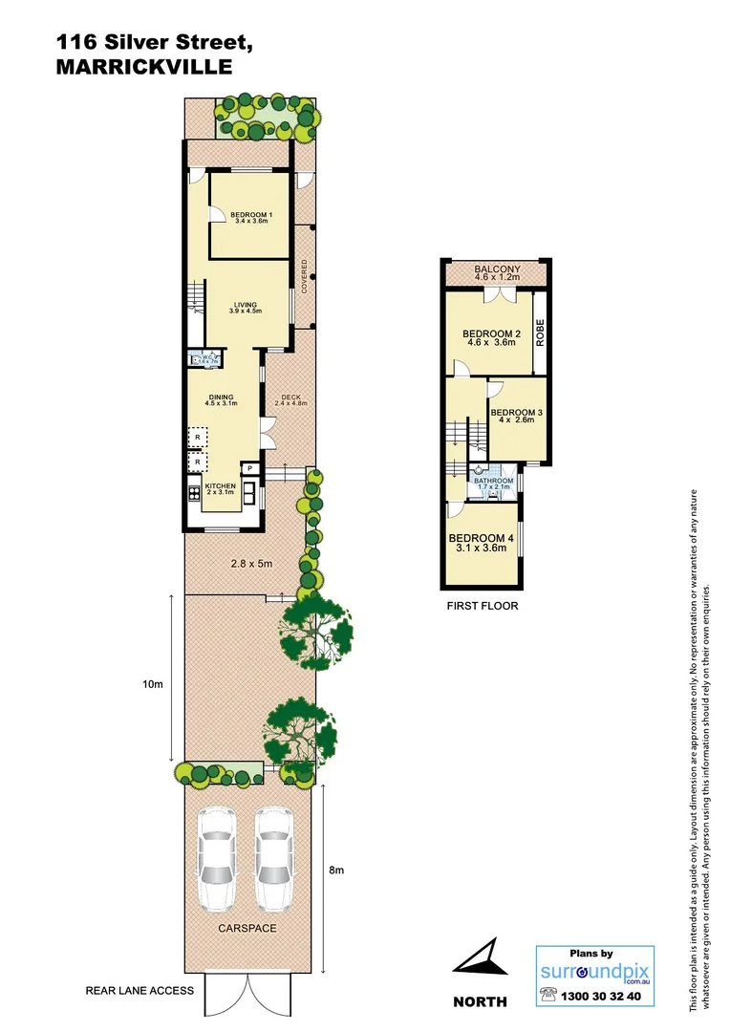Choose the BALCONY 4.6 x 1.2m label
click(x=497, y=273)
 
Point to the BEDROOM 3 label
click(x=517, y=417)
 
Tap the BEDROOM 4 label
click(x=482, y=543)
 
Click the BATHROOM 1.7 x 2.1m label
click(x=494, y=484)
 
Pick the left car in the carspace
click(x=216, y=861)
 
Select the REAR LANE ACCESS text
click(x=140, y=991)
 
